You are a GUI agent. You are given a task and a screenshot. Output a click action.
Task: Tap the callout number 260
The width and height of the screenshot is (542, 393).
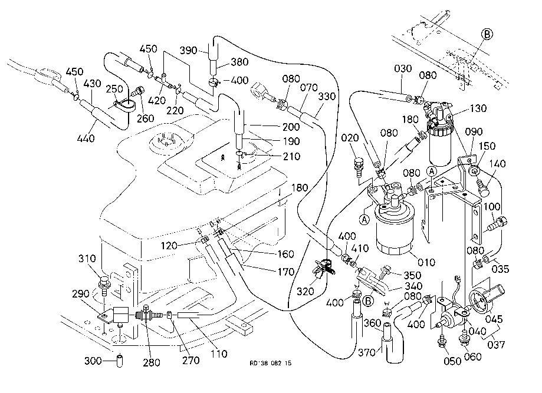pos(145,118)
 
